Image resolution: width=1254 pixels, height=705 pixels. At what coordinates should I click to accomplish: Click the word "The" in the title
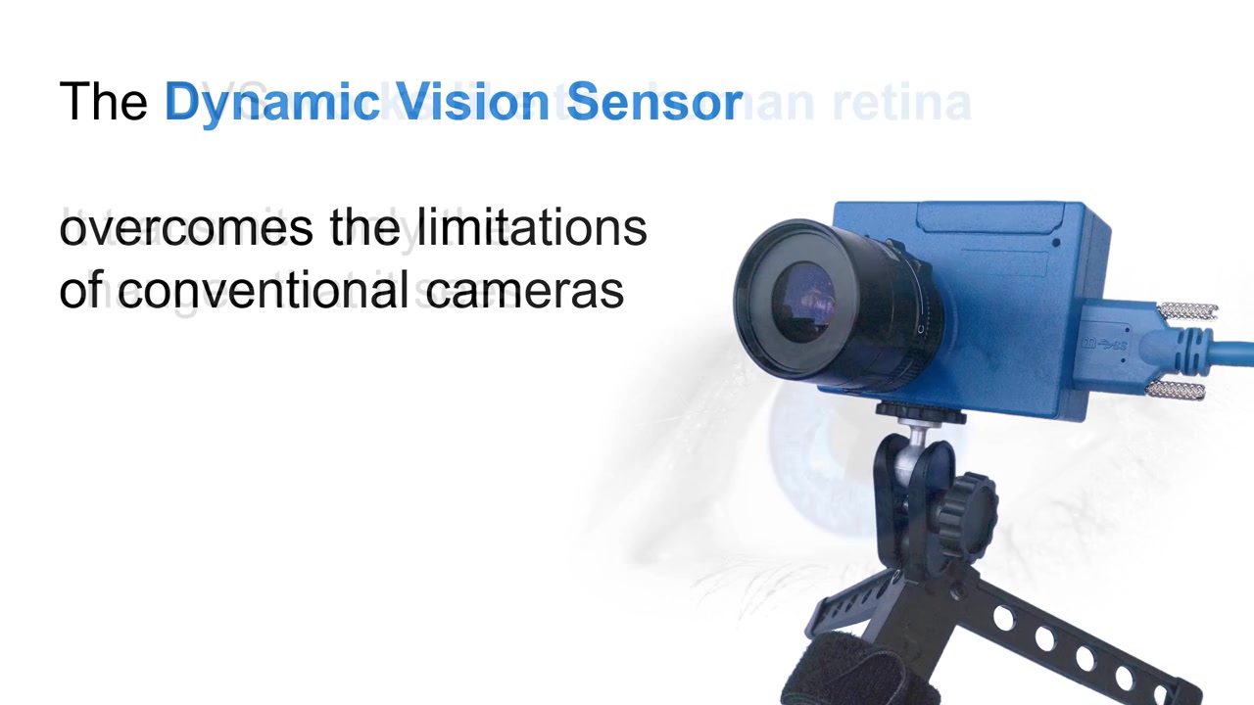pyautogui.click(x=103, y=102)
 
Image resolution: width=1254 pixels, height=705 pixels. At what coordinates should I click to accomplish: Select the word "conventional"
pyautogui.click(x=265, y=291)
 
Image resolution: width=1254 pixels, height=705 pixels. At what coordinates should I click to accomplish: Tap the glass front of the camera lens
pyautogui.click(x=803, y=298)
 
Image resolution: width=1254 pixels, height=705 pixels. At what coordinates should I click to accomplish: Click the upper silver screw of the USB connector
pyautogui.click(x=1187, y=312)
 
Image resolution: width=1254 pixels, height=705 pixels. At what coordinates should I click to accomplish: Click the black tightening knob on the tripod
pyautogui.click(x=965, y=504)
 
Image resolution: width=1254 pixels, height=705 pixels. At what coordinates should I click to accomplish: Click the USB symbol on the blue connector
pyautogui.click(x=1103, y=345)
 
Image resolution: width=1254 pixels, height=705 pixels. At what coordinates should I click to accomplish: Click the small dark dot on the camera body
pyautogui.click(x=1056, y=242)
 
